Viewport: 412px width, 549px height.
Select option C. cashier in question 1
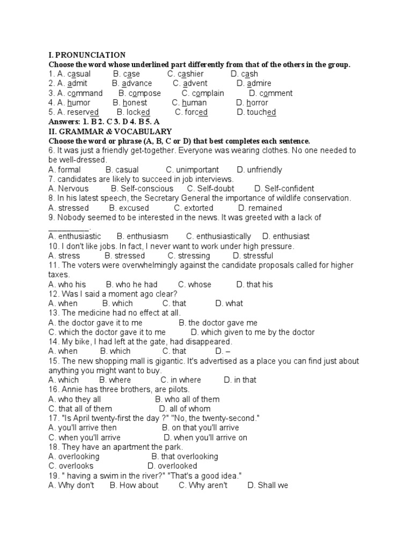pos(186,74)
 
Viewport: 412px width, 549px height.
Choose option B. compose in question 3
pos(140,93)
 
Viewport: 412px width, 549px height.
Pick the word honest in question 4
pos(130,103)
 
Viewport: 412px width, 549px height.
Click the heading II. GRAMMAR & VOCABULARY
pos(110,131)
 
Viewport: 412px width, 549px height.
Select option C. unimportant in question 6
pos(193,170)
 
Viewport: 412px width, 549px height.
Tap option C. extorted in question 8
pos(194,208)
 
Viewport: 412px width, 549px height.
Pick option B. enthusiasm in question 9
pos(143,236)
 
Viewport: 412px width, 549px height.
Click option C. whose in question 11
pos(195,285)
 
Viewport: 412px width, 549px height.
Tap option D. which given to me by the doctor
pos(253,332)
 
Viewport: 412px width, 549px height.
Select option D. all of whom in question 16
pos(193,409)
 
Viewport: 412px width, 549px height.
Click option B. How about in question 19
pos(134,486)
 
